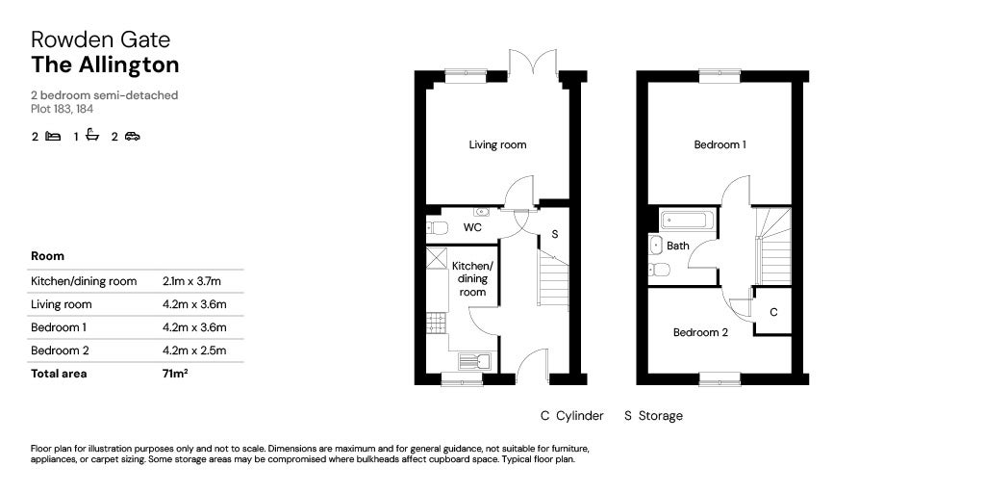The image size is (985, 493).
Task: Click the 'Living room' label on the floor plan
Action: click(497, 145)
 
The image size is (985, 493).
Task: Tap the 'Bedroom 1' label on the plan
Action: click(720, 145)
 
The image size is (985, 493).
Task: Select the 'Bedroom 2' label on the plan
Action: click(699, 333)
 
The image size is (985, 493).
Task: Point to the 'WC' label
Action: click(472, 228)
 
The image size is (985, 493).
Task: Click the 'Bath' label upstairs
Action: click(678, 246)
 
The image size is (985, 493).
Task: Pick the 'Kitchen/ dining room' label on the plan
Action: click(472, 278)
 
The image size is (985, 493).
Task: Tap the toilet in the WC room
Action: click(438, 228)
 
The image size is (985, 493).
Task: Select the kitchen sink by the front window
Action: click(473, 361)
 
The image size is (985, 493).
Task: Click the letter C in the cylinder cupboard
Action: click(773, 314)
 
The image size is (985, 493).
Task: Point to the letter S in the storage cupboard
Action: click(554, 234)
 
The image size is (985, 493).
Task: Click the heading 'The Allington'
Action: click(105, 65)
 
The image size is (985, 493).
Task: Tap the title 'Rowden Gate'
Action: click(100, 39)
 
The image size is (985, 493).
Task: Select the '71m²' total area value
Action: click(175, 374)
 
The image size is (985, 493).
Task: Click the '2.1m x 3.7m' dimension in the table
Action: click(192, 281)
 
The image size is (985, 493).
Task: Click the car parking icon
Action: click(132, 137)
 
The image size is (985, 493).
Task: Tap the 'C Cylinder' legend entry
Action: click(571, 416)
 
